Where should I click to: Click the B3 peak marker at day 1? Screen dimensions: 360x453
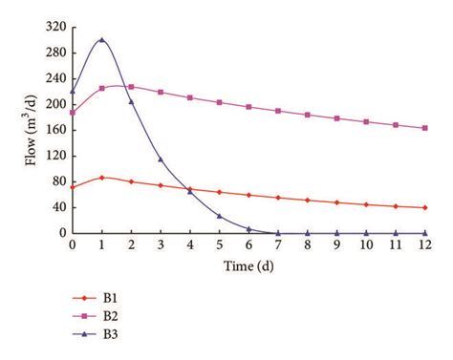101,40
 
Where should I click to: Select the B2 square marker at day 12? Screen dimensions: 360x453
424,128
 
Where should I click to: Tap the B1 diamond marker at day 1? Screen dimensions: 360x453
101,178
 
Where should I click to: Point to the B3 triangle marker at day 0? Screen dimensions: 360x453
72,92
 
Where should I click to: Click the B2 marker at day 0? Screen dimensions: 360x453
72,113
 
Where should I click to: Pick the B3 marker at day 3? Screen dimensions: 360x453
161,159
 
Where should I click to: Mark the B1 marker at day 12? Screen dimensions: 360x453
424,207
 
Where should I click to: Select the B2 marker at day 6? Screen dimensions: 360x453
248,107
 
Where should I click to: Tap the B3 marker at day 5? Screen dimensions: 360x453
219,216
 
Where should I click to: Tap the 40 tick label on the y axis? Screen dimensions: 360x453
57,207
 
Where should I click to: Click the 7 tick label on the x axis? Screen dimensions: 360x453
278,245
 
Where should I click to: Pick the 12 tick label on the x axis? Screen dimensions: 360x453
424,245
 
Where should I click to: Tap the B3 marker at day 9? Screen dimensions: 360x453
336,232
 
